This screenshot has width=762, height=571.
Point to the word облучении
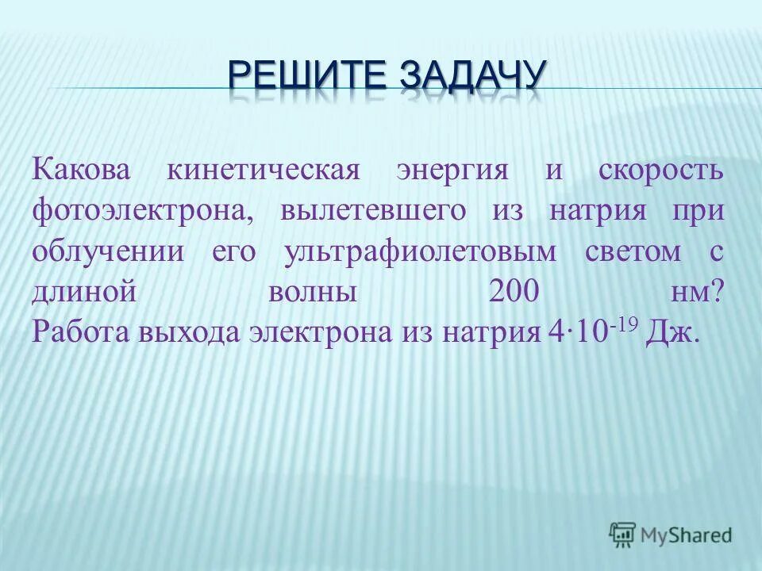pyautogui.click(x=108, y=253)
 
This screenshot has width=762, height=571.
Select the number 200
pyautogui.click(x=515, y=293)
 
